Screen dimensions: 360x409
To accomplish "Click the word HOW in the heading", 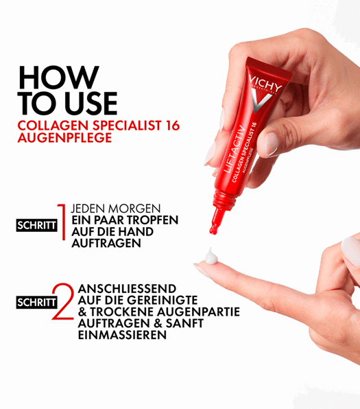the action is (x=59, y=78).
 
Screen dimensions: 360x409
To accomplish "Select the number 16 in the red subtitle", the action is (x=172, y=126).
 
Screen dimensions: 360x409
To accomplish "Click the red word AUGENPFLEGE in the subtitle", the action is (x=64, y=137).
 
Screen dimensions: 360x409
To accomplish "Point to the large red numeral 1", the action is (x=61, y=222).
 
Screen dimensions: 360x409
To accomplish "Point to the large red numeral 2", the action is (x=62, y=301).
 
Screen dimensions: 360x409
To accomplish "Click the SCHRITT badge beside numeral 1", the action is (x=37, y=225).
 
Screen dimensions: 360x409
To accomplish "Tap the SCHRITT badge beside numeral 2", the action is (x=37, y=303).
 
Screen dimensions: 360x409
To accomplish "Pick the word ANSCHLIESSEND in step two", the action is (x=127, y=289).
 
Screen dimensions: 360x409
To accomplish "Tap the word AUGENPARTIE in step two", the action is (x=199, y=312).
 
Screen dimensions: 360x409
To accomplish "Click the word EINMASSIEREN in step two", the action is (x=122, y=335).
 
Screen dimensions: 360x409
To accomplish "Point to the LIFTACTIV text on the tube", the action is (x=235, y=149).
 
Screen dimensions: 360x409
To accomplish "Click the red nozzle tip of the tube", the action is (x=214, y=231).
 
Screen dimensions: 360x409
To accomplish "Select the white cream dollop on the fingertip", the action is (x=211, y=256).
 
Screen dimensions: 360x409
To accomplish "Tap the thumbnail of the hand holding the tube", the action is (x=272, y=144).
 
